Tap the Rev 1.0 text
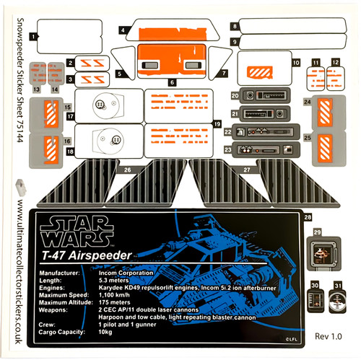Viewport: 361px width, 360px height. [329, 337]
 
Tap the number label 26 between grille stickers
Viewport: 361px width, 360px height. [127, 170]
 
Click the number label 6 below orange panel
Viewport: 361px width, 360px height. [173, 82]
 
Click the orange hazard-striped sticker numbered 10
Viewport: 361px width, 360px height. [258, 72]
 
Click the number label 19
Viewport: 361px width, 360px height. [217, 125]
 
